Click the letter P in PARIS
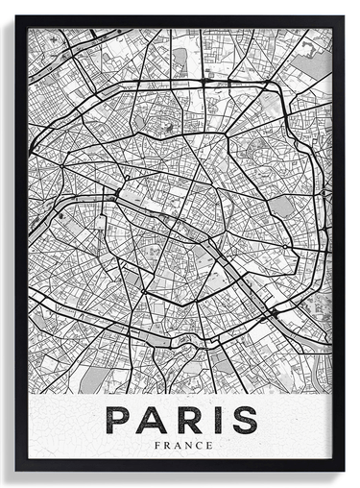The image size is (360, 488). point(118,420)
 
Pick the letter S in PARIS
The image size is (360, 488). point(244,420)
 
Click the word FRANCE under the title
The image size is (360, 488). point(180,445)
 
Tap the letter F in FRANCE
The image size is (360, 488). point(157,445)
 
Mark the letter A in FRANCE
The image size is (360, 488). point(176,445)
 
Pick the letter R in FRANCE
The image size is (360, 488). point(166,445)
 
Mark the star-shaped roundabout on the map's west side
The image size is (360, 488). point(63,166)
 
